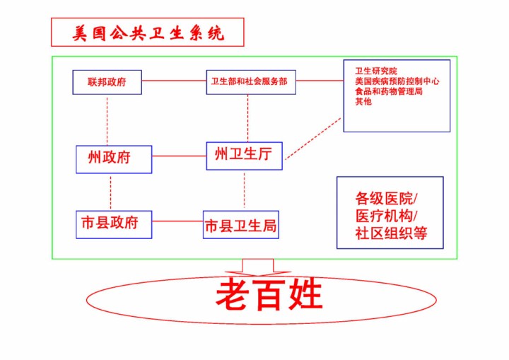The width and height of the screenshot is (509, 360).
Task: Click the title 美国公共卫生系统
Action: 147,33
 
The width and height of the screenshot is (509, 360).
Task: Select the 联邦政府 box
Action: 107,82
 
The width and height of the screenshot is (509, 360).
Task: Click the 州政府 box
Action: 114,158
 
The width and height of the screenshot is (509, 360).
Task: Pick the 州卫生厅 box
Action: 244,156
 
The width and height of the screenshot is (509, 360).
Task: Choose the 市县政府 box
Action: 114,223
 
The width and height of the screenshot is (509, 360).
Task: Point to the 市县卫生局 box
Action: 240,225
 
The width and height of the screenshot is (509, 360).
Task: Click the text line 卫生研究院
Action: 376,71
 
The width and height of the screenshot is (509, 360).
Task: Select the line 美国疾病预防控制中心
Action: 397,81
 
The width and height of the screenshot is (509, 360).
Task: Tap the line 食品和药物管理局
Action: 389,91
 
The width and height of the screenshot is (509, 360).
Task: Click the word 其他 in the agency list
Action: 363,101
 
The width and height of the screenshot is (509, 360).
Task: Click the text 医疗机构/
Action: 386,216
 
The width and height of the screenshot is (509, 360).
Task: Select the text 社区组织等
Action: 391,233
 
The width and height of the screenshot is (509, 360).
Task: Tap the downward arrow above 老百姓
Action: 257,267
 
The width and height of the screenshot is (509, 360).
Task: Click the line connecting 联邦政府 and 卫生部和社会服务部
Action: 174,81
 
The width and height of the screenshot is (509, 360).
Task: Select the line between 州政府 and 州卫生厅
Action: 179,156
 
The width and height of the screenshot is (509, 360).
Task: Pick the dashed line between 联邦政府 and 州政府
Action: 107,120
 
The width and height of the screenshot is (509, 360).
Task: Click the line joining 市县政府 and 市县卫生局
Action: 177,221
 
